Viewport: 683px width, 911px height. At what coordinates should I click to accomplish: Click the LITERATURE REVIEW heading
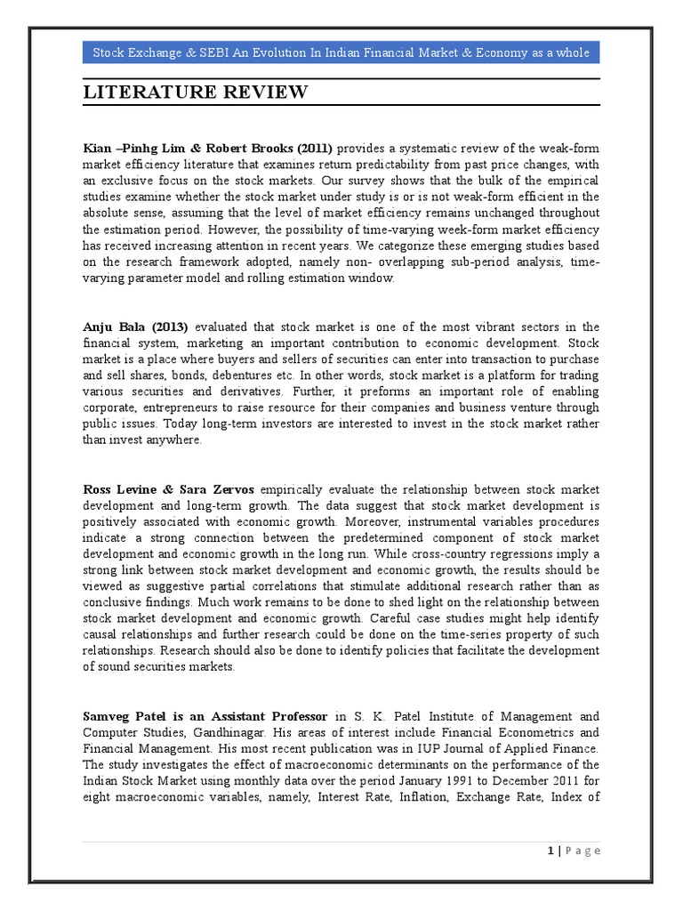pos(196,93)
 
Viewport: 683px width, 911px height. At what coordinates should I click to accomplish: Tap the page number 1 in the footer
pos(551,851)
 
